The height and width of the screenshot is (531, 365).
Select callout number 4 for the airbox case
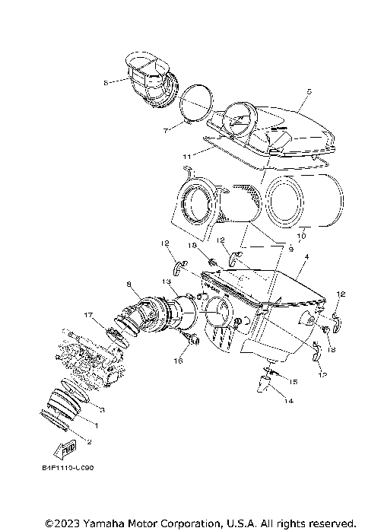tap(306, 258)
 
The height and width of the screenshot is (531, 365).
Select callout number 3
tap(102, 409)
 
